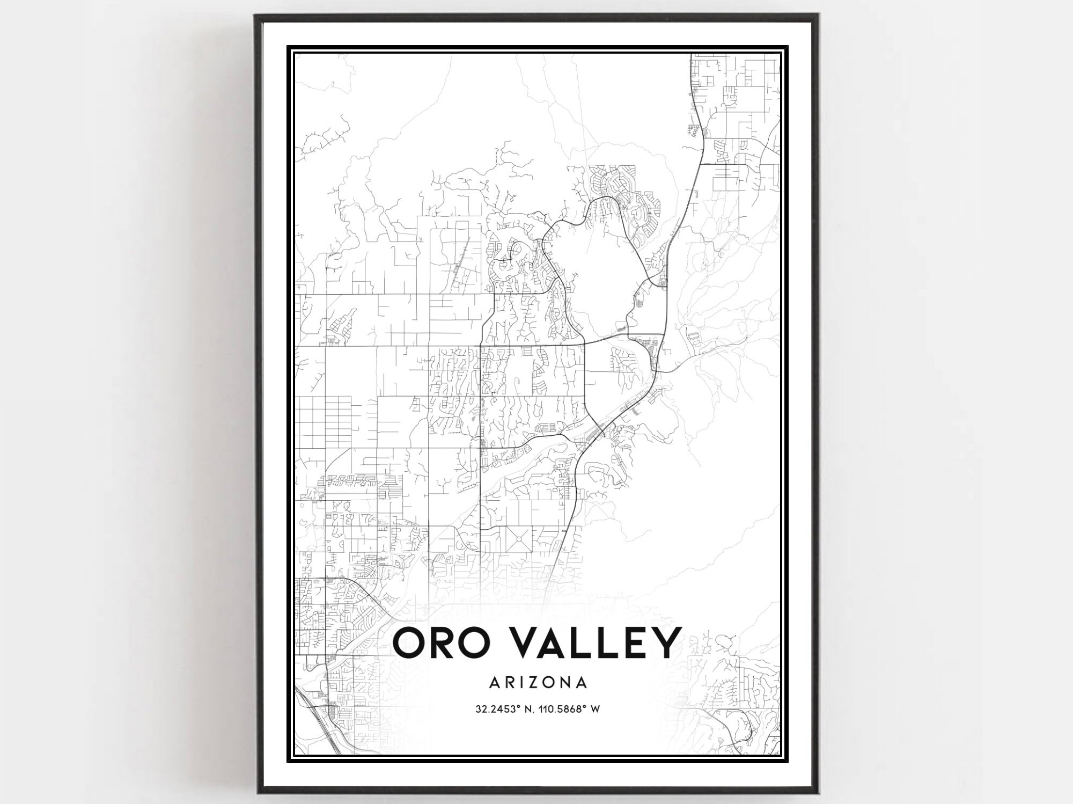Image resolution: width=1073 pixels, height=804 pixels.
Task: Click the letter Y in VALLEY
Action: [x=663, y=642]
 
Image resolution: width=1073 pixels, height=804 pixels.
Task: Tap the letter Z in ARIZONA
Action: [x=536, y=683]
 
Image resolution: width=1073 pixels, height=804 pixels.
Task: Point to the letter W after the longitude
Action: [x=594, y=709]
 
